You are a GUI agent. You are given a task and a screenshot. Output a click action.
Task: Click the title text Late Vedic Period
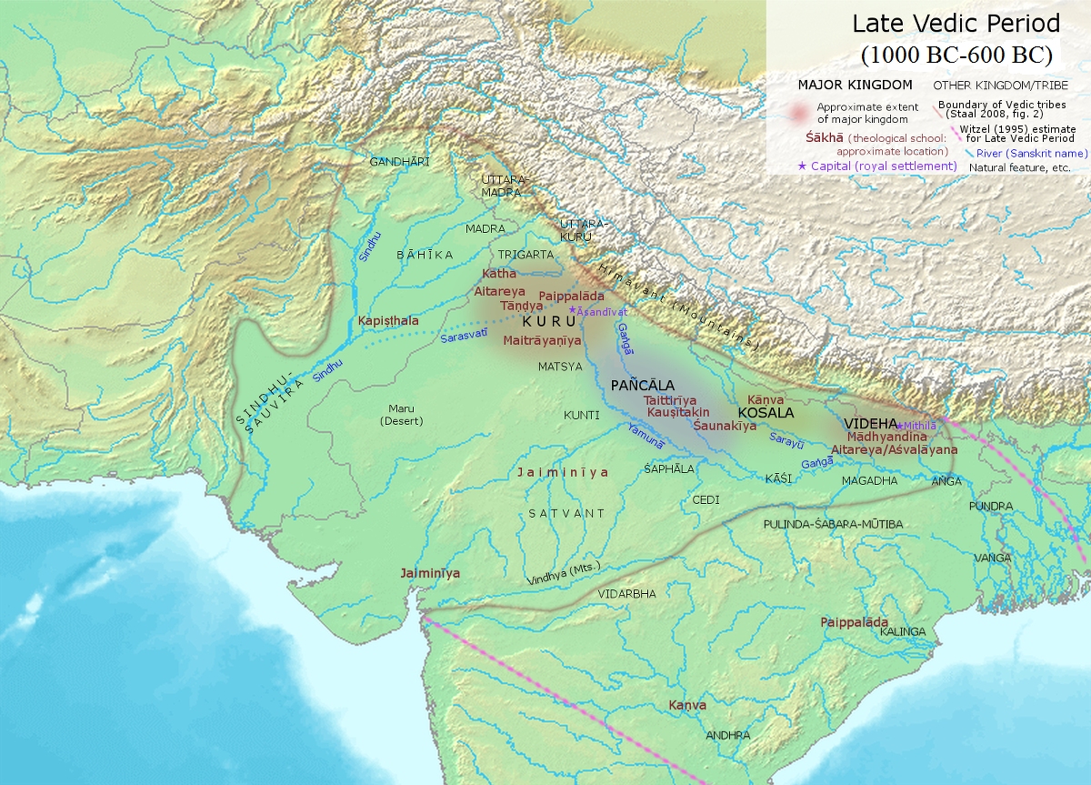click(x=956, y=24)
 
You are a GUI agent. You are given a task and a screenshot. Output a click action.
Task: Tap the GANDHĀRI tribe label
click(x=396, y=162)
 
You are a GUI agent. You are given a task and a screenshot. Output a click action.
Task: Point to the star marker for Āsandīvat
click(x=571, y=310)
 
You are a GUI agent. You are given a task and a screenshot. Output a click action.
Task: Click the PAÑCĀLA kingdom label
click(x=643, y=385)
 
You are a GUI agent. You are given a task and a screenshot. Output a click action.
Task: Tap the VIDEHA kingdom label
click(x=870, y=424)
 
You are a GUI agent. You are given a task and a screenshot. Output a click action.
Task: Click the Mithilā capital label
click(x=920, y=425)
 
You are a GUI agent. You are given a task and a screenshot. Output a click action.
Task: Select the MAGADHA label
click(x=869, y=480)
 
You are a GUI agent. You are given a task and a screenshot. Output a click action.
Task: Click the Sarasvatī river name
click(x=464, y=337)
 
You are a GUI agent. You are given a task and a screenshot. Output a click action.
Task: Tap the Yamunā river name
click(x=645, y=435)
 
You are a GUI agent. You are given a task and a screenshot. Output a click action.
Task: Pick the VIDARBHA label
click(x=626, y=593)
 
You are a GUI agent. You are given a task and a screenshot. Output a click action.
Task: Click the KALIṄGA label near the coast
click(x=902, y=631)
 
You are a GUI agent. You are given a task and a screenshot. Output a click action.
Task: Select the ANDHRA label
click(x=727, y=735)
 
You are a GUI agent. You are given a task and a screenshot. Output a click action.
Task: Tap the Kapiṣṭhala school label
click(x=388, y=321)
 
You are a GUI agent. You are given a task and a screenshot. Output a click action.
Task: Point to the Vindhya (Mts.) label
click(x=564, y=574)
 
